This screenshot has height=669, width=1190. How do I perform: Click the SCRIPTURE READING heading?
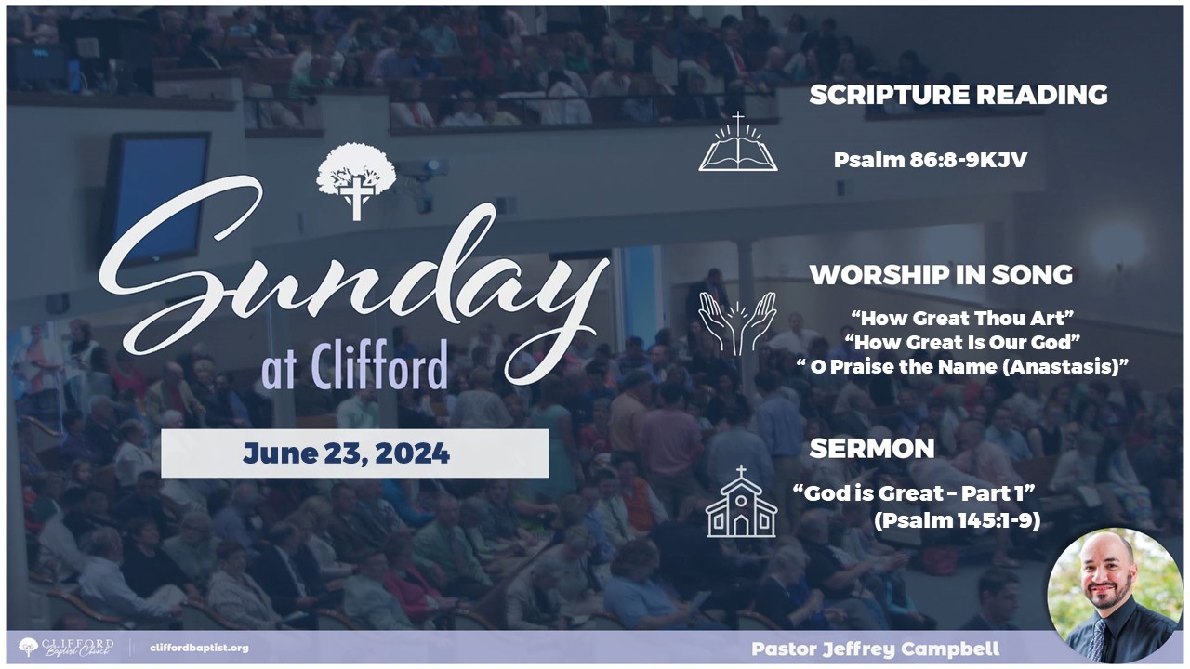click(959, 95)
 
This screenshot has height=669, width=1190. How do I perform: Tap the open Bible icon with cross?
click(738, 142)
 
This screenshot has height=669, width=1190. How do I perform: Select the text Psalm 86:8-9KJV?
click(931, 160)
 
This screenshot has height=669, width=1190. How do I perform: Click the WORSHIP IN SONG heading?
click(941, 275)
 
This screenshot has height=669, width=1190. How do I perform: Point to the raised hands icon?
click(737, 322)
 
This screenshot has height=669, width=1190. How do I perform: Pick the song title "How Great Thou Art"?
click(962, 319)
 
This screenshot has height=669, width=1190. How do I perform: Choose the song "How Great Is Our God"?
click(962, 343)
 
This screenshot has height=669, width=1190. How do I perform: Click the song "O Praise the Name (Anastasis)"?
click(962, 367)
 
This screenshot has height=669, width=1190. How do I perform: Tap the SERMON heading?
click(872, 449)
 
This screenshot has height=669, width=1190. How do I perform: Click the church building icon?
click(741, 502)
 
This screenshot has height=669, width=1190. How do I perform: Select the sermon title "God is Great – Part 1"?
click(914, 493)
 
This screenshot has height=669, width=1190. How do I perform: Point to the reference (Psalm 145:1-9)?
click(957, 521)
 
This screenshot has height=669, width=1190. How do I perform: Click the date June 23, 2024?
click(347, 453)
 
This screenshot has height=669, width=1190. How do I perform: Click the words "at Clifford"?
click(355, 366)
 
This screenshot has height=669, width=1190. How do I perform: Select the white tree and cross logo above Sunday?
click(356, 180)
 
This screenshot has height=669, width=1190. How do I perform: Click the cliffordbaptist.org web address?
click(199, 648)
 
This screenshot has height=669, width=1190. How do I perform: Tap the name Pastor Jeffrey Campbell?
click(875, 649)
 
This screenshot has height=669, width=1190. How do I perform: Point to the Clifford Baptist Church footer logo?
click(66, 648)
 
